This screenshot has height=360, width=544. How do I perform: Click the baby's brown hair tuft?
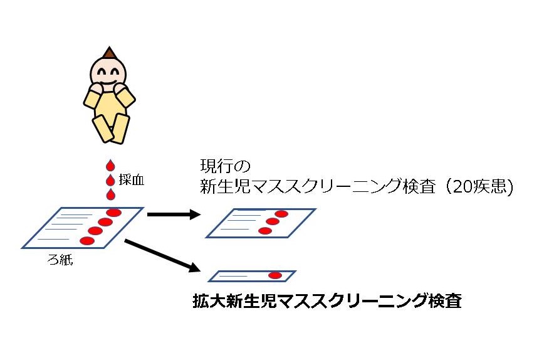[110, 52]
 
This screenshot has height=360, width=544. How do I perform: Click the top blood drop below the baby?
[110, 166]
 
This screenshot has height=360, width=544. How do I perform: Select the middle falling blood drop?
[110, 181]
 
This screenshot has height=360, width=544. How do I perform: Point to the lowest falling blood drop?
[110, 194]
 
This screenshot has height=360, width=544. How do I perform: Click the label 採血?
[132, 180]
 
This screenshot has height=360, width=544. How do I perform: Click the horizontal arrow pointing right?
[172, 214]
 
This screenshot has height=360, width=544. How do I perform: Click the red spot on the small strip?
[275, 276]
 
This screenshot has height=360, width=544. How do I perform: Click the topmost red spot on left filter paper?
[113, 213]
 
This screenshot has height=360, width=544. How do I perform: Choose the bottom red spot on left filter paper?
[87, 241]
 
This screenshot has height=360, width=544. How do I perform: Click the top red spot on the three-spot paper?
[281, 214]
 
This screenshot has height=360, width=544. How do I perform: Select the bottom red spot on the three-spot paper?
[264, 231]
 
